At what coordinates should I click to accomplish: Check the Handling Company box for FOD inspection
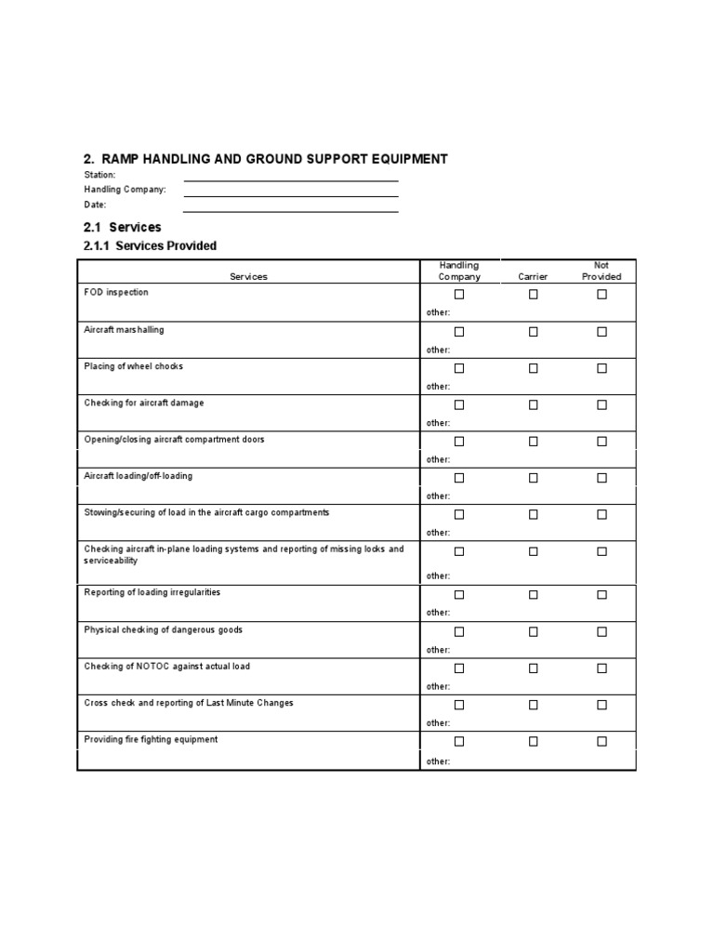[459, 295]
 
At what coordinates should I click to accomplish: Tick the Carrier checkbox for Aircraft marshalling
[534, 331]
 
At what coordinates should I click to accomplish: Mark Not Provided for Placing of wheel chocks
[602, 368]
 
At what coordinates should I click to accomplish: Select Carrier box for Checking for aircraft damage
[534, 404]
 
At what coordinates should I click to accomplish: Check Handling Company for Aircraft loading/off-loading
[459, 478]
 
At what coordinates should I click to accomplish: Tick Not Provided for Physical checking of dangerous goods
[602, 631]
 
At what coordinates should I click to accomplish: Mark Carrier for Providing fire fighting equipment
[534, 741]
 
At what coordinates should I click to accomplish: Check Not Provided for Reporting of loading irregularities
[602, 595]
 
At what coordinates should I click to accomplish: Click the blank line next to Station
[290, 177]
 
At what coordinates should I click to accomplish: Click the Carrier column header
[534, 277]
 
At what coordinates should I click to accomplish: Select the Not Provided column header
[602, 271]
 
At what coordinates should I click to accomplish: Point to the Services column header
[248, 277]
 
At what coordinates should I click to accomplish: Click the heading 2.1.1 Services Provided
[150, 245]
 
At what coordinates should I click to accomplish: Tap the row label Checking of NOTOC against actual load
[166, 667]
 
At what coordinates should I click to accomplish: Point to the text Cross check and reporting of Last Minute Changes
[189, 703]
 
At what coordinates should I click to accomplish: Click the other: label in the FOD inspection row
[438, 313]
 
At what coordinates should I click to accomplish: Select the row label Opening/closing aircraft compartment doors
[174, 439]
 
